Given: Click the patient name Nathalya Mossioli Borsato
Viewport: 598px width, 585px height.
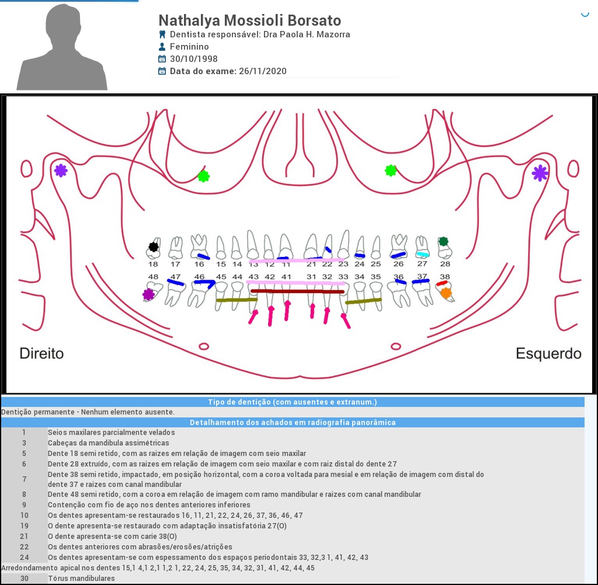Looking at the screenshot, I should coord(249,20).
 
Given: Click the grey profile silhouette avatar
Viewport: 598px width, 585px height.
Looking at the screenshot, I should coord(62,47).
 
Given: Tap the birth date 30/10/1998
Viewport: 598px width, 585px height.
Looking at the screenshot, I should coord(193,59).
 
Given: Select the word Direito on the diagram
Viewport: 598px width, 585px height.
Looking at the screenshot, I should coord(41,353).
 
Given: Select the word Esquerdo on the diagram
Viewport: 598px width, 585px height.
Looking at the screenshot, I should coord(548,353).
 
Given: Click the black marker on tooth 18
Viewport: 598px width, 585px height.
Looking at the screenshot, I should coord(154,246).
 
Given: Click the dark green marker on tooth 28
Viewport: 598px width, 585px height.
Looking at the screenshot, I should coord(444,241).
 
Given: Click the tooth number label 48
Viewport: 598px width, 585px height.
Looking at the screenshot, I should coord(153,277).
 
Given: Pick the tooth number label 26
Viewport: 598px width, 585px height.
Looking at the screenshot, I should coord(398,264).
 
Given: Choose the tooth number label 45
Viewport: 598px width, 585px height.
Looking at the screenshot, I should coord(221,277).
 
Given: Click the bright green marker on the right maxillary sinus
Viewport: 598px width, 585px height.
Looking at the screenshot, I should coord(203,176).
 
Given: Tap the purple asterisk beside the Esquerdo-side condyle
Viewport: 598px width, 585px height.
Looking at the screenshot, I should coord(540,172).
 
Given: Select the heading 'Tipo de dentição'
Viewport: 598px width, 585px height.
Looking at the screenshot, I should coord(292,402).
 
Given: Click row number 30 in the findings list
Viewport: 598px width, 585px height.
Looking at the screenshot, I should coord(24,578).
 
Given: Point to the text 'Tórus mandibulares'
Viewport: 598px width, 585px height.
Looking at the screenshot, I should coord(81,578).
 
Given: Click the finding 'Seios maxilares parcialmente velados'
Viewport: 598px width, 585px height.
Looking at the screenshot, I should coord(111,433).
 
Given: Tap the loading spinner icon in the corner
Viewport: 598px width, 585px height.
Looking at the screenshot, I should coord(585,13).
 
